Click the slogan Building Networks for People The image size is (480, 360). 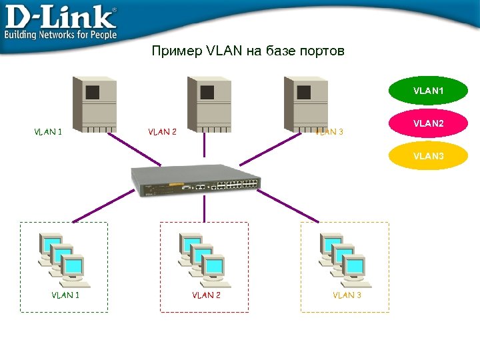point(61,34)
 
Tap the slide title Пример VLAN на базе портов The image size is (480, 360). point(248,51)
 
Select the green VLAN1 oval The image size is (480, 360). point(428,90)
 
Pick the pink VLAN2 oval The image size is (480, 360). point(428,123)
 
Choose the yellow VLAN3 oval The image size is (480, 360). point(428,156)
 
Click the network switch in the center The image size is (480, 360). point(195,181)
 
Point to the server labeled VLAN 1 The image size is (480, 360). point(95,104)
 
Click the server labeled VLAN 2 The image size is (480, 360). point(209,104)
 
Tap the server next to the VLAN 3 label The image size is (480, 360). point(306,104)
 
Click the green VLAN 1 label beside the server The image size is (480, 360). point(48,132)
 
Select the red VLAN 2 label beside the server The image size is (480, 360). point(162,132)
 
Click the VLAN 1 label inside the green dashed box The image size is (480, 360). point(65,295)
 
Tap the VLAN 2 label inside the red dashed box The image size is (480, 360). point(206,295)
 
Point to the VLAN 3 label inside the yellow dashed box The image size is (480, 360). point(347,295)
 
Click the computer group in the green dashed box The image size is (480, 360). point(63,256)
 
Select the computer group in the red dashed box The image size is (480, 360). point(203,256)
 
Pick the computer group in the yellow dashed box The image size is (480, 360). point(344,256)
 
